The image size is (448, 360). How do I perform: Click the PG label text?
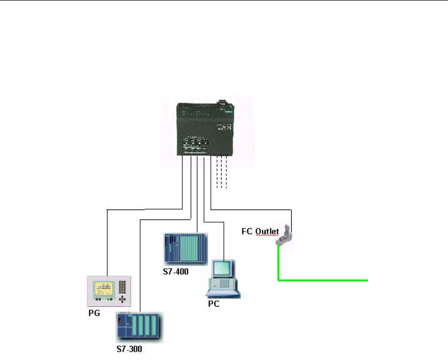point(94,313)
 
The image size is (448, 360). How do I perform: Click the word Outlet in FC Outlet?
point(268,230)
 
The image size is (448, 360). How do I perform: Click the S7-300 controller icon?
point(140,327)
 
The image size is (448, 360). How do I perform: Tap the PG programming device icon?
point(108,291)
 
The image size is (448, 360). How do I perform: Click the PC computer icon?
point(223,280)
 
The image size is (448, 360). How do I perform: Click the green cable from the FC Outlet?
point(324,280)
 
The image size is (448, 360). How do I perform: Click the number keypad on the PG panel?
point(122,285)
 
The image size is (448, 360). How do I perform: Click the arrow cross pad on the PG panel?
point(123,300)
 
